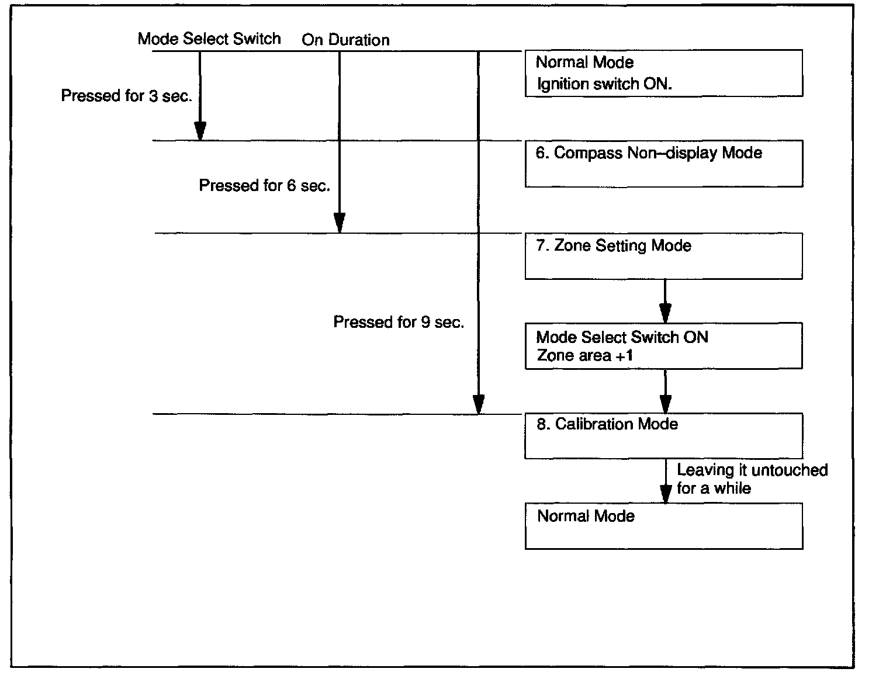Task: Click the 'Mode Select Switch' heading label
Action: click(x=209, y=39)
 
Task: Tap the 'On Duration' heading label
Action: click(x=345, y=40)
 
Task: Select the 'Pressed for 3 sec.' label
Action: click(x=126, y=96)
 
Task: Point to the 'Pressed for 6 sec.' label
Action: click(x=265, y=186)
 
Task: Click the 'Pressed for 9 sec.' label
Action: click(x=399, y=322)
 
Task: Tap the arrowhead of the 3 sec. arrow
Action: click(x=200, y=131)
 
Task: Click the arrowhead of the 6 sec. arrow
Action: click(x=340, y=223)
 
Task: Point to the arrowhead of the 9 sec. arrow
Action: click(x=479, y=404)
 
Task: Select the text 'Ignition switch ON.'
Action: click(x=604, y=84)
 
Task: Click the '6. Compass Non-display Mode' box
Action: click(x=663, y=164)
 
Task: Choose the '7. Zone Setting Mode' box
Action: click(x=663, y=256)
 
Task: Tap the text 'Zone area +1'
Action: click(x=584, y=356)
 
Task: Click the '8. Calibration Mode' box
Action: click(x=663, y=436)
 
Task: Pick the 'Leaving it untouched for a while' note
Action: click(x=752, y=479)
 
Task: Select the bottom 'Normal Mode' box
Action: click(x=663, y=526)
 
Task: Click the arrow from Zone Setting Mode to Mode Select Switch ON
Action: click(x=665, y=301)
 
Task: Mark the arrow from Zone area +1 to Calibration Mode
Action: click(x=665, y=392)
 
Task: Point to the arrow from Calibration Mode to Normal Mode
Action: click(x=665, y=481)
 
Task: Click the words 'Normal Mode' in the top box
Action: click(x=584, y=62)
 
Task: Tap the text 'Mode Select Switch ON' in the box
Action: click(x=622, y=337)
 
